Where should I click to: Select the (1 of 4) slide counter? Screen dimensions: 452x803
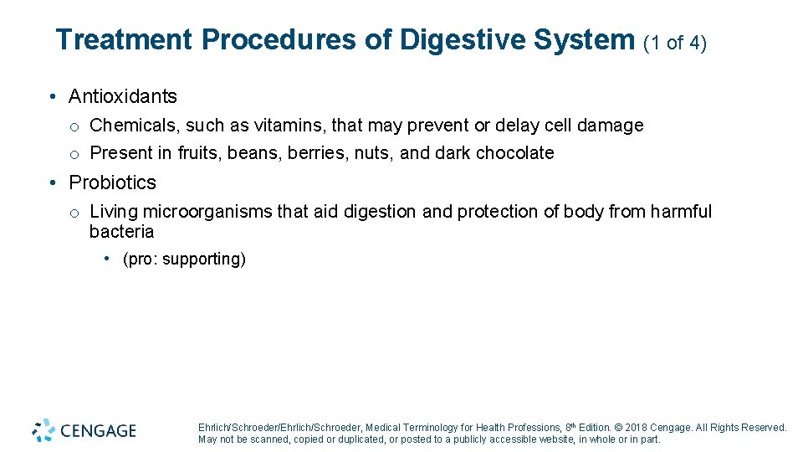click(675, 42)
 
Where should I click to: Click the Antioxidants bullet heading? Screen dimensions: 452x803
click(123, 96)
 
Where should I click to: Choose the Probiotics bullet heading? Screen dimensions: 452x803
click(112, 182)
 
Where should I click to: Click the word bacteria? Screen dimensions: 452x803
click(122, 231)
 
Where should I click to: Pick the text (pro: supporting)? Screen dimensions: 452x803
click(184, 259)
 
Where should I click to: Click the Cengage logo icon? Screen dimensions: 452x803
click(43, 430)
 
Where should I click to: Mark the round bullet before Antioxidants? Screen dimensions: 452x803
click(52, 96)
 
